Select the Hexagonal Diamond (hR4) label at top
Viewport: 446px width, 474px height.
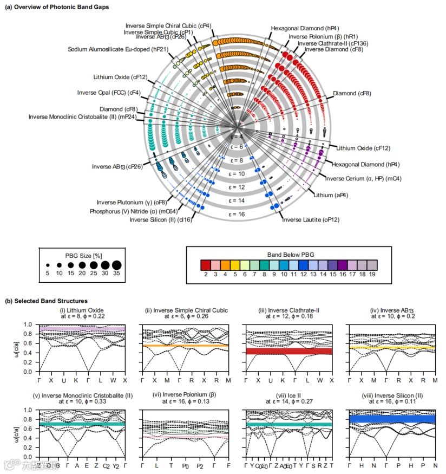pyautogui.click(x=297, y=28)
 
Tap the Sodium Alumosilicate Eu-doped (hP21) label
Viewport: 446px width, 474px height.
pyautogui.click(x=115, y=49)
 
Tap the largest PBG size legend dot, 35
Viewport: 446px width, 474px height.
pyautogui.click(x=117, y=265)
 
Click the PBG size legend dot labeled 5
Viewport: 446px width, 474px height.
pyautogui.click(x=48, y=265)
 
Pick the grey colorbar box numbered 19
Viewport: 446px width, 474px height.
pyautogui.click(x=372, y=265)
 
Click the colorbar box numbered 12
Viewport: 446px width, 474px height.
pyautogui.click(x=303, y=265)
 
